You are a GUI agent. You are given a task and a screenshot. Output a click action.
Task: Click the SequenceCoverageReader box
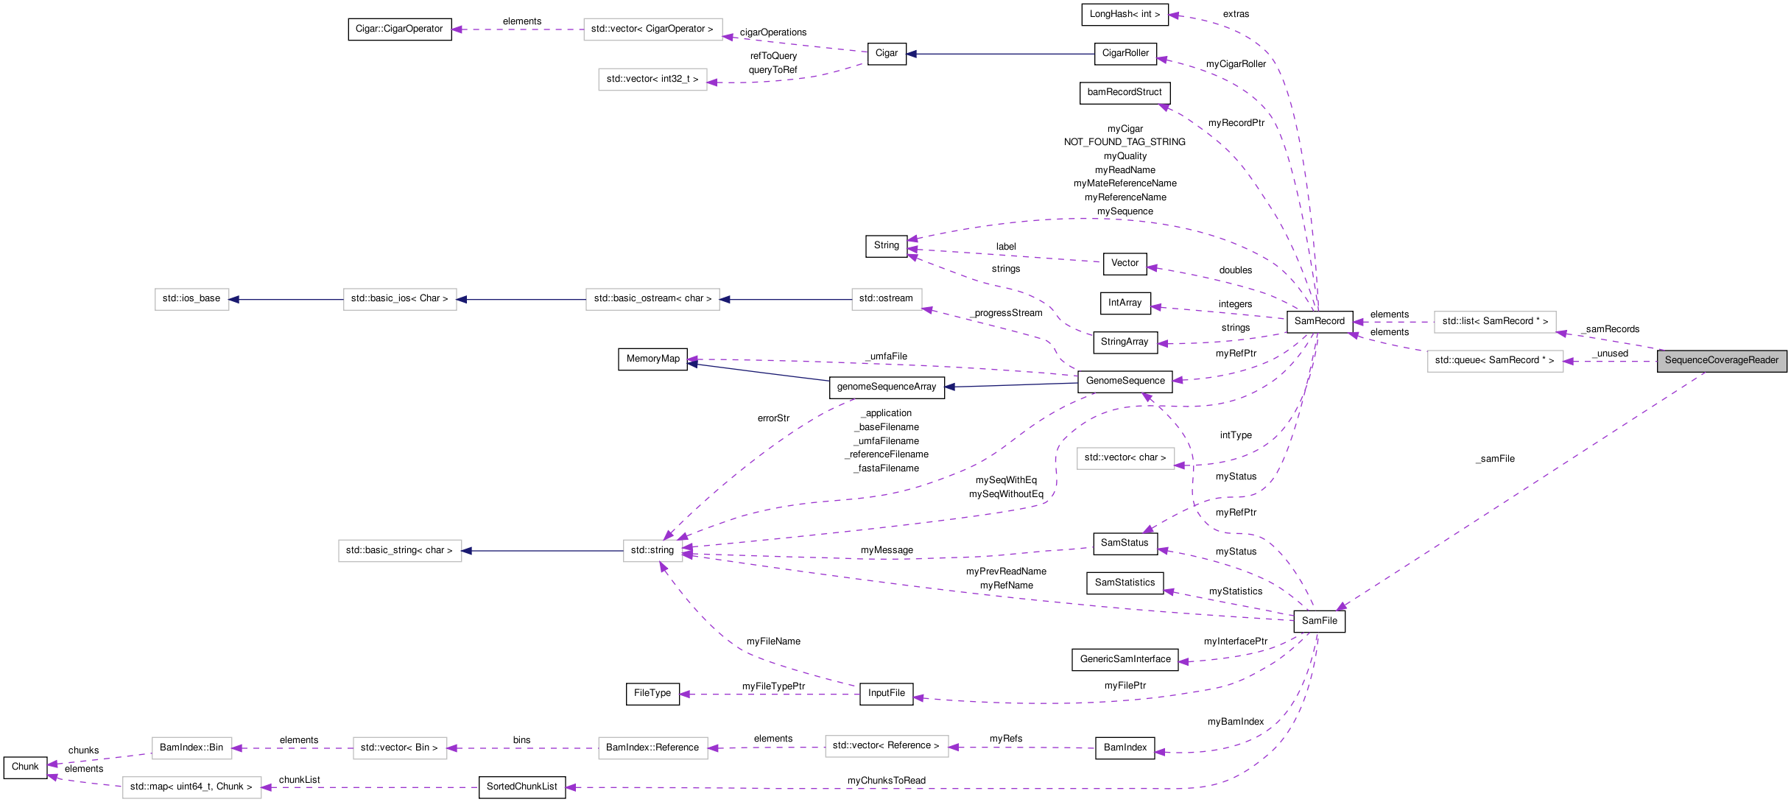click(1721, 361)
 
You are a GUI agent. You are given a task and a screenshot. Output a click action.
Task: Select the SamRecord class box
click(1319, 322)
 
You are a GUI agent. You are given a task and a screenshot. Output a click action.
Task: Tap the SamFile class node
click(1319, 621)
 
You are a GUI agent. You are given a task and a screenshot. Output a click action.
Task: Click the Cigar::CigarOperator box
click(399, 29)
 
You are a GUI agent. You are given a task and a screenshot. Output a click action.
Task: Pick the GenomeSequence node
click(1125, 381)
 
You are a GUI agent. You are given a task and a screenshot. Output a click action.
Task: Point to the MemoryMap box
click(652, 359)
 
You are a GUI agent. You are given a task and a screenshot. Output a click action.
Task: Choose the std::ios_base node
click(191, 299)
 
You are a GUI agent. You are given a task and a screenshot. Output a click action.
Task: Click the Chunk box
click(25, 767)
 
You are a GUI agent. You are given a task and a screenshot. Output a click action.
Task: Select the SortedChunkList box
click(521, 787)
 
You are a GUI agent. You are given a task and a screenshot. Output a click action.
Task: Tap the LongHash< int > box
click(1125, 15)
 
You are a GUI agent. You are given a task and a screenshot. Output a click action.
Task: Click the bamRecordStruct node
click(1124, 93)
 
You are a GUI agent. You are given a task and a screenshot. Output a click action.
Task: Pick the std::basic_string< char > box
click(399, 551)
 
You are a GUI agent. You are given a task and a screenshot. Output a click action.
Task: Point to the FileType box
click(652, 694)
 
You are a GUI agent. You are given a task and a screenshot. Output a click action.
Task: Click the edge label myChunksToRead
click(886, 781)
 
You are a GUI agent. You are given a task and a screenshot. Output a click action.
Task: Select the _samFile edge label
click(1495, 459)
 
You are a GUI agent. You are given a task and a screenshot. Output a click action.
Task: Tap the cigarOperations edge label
click(773, 32)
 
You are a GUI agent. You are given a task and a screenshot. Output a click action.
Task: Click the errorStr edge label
click(773, 418)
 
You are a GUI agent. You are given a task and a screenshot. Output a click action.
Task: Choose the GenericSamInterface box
click(1125, 660)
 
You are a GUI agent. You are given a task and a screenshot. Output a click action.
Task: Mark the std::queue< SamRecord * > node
click(1494, 361)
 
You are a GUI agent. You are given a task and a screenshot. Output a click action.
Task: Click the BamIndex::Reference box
click(652, 748)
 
